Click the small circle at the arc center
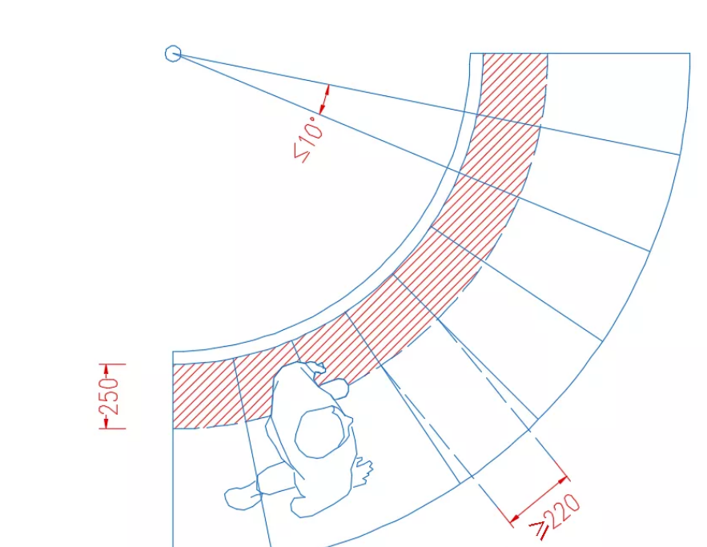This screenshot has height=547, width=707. tap(173, 54)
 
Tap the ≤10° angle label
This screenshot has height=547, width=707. tap(308, 139)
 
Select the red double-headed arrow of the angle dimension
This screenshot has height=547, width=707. tap(324, 99)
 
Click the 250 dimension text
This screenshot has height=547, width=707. tap(110, 396)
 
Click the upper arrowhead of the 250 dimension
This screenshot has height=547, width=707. tap(106, 370)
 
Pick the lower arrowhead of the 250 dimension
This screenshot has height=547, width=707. tap(106, 423)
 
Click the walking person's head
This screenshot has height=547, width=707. tap(321, 432)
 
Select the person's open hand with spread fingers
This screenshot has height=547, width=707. tap(362, 472)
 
